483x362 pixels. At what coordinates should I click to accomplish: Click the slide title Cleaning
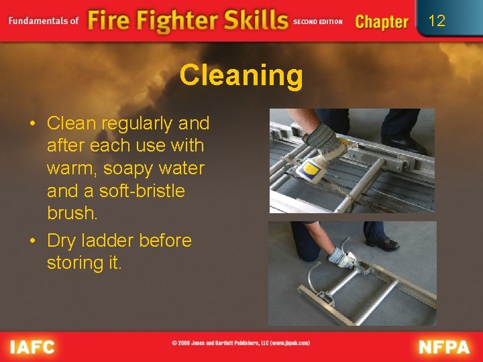click(241, 76)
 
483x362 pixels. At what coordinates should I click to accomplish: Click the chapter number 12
click(437, 21)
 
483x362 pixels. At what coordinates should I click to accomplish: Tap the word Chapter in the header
click(381, 21)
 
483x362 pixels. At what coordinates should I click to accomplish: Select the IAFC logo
click(32, 347)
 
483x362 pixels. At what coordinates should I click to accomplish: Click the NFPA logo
click(445, 347)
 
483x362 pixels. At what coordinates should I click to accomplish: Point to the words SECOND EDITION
click(317, 21)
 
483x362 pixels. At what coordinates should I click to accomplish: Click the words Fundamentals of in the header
click(44, 21)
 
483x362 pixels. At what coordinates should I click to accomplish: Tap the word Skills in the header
click(248, 20)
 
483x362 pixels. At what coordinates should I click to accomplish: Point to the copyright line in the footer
click(241, 343)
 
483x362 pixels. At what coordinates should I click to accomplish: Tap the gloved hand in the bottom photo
click(340, 257)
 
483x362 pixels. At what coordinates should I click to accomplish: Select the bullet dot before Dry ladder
click(33, 241)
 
